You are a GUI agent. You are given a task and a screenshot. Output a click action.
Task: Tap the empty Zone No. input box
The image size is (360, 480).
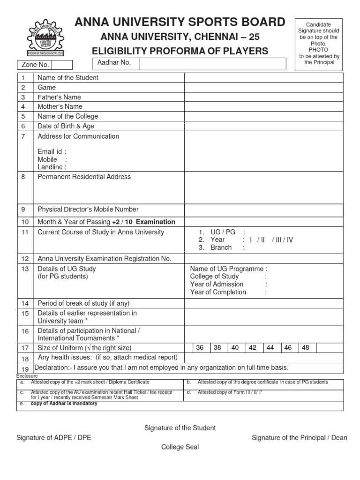click(x=62, y=65)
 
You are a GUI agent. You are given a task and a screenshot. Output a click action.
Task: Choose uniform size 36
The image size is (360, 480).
click(x=200, y=348)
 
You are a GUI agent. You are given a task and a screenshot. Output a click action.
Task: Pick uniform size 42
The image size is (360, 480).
click(x=253, y=348)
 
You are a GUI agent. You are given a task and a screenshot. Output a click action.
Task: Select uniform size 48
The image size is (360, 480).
click(x=306, y=348)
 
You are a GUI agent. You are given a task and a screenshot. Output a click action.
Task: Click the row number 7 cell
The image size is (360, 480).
click(x=25, y=136)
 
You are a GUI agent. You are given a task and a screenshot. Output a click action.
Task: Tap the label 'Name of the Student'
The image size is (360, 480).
click(x=68, y=78)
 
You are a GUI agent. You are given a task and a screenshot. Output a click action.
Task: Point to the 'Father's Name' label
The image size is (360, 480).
click(x=59, y=97)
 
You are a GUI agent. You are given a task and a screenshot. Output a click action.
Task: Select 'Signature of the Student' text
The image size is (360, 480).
click(x=180, y=428)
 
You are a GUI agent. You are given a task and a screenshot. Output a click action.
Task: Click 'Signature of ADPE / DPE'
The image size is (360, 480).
click(x=54, y=438)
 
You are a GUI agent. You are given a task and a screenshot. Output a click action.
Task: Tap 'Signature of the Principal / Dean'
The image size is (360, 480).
click(x=300, y=438)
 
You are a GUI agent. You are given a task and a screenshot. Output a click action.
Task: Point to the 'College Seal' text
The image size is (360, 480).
click(x=180, y=447)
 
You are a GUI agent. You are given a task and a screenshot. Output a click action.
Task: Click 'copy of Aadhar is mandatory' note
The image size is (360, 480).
click(x=64, y=404)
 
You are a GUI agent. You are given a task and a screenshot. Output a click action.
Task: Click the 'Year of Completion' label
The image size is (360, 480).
click(x=218, y=292)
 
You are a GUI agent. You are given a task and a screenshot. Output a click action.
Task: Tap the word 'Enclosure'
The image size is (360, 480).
click(x=27, y=376)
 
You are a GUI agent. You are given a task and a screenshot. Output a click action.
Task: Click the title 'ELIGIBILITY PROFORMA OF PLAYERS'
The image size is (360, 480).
click(x=180, y=51)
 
